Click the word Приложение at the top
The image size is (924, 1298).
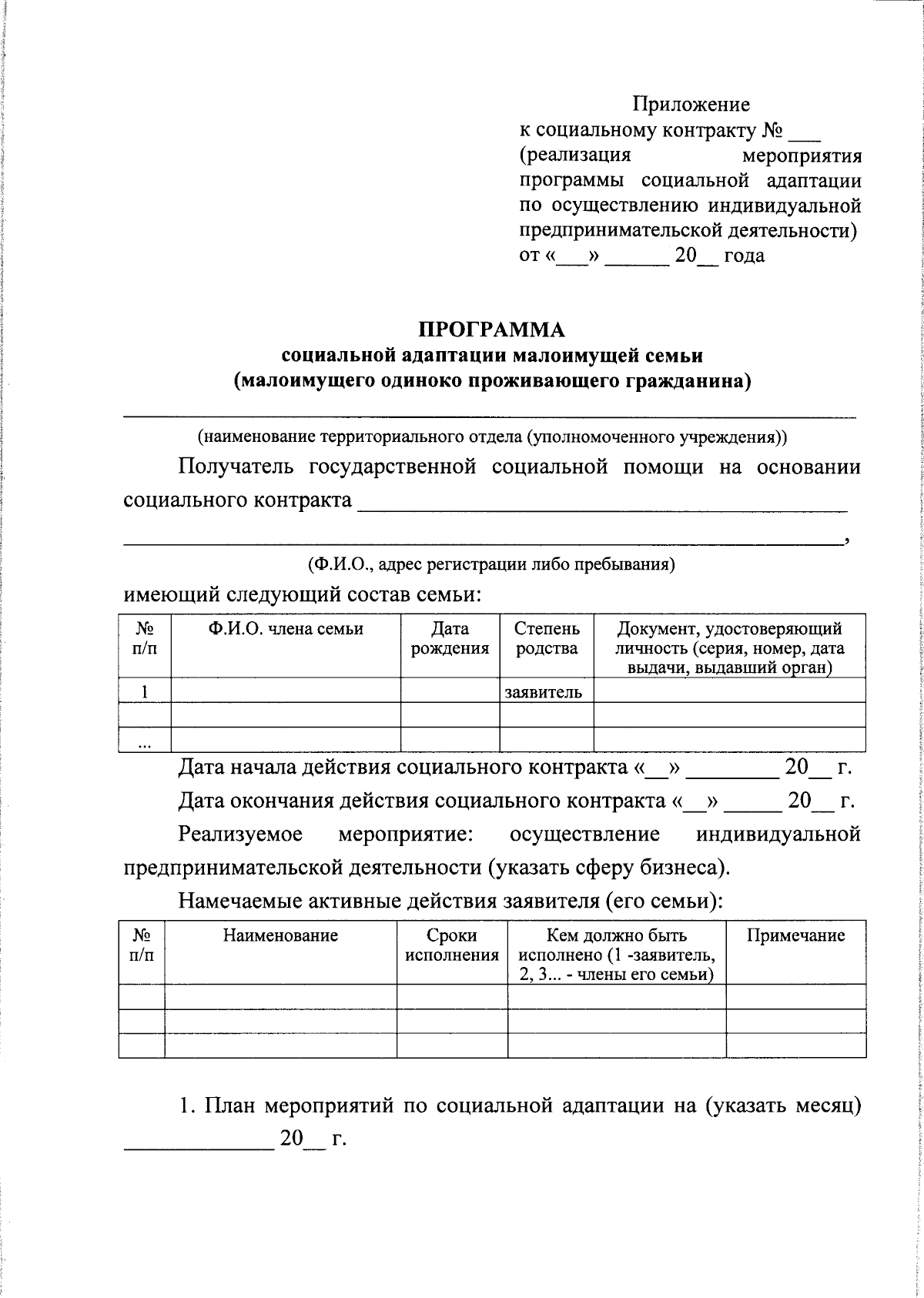pos(691,104)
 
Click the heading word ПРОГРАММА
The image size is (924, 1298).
pos(491,330)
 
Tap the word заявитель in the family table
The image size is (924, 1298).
pos(543,691)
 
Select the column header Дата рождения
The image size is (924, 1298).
pos(450,638)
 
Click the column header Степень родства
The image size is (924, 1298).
pos(547,638)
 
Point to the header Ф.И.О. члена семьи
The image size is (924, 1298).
pos(286,629)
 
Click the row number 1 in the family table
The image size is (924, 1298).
pos(144,691)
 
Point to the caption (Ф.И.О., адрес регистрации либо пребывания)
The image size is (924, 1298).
pos(491,564)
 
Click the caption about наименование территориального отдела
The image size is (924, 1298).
pos(491,437)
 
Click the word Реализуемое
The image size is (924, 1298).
pos(239,835)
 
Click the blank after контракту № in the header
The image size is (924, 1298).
pos(805,132)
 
